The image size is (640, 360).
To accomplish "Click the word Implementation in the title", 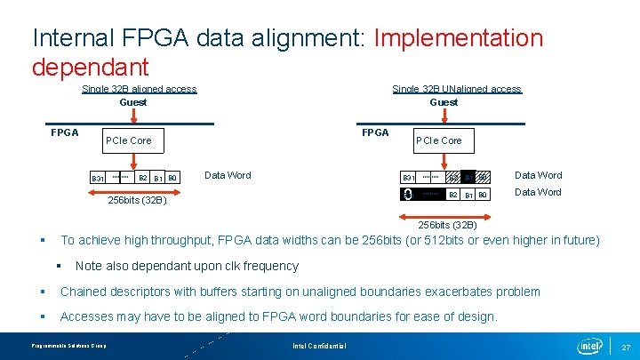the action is point(459,38).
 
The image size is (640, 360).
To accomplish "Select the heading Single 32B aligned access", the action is point(139,89).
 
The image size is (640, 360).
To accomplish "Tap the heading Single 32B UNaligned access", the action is point(457,89).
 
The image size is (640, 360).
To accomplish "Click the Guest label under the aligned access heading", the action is point(133,102).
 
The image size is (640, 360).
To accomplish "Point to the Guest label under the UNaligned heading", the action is point(444,102).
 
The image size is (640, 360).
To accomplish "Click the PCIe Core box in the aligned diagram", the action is point(129,140).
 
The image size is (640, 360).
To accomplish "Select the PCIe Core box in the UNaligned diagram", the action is point(439,140).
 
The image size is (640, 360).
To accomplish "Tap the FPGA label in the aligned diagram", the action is point(64,132).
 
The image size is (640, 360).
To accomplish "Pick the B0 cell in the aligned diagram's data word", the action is point(172,178).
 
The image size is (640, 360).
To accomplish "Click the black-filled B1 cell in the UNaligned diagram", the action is point(468,178).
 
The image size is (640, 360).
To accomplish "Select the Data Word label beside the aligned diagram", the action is point(228,175).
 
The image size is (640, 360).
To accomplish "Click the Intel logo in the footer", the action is point(589,345).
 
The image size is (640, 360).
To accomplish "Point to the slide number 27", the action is point(626,346).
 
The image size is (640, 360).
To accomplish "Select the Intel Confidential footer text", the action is point(319,345).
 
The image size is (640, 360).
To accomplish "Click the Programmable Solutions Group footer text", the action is point(68,345).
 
